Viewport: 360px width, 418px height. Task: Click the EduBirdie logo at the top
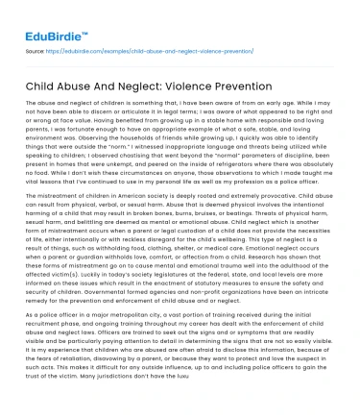(x=50, y=16)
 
